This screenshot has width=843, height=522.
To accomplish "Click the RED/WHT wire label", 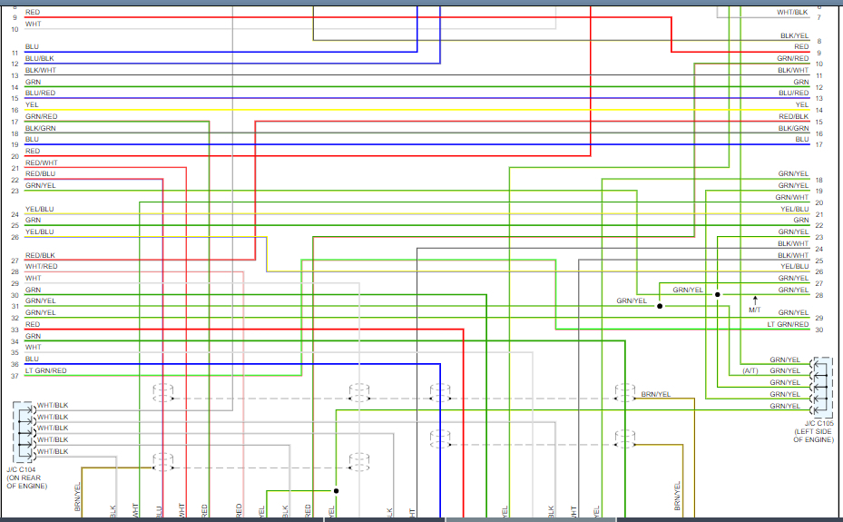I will click(x=41, y=163).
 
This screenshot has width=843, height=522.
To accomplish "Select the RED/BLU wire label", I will click(x=40, y=173).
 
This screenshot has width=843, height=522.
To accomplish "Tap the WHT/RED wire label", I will click(x=41, y=266).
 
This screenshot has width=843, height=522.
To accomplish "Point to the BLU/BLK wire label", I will click(x=39, y=58).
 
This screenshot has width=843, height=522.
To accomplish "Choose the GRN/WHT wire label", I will click(x=791, y=197).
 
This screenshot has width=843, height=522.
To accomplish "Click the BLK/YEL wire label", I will click(x=794, y=35).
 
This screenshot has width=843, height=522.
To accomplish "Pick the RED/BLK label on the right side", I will click(x=793, y=116).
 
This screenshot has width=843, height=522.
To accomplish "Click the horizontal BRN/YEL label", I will click(x=655, y=394).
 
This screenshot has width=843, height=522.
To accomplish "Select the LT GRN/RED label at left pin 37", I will click(x=45, y=370).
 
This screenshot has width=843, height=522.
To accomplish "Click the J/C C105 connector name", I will click(x=818, y=423).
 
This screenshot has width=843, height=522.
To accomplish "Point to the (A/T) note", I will click(x=750, y=370).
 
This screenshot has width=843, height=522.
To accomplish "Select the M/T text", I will click(x=755, y=310).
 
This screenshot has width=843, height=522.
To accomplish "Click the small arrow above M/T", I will click(x=754, y=299).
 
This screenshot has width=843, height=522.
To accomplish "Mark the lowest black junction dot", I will click(x=336, y=491).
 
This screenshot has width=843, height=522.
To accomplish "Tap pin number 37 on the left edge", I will click(x=15, y=376).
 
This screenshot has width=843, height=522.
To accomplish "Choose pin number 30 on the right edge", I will click(x=818, y=330).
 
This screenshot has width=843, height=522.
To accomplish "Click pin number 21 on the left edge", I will click(x=15, y=168).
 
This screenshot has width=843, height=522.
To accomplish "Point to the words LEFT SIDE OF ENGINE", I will click(x=813, y=435).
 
